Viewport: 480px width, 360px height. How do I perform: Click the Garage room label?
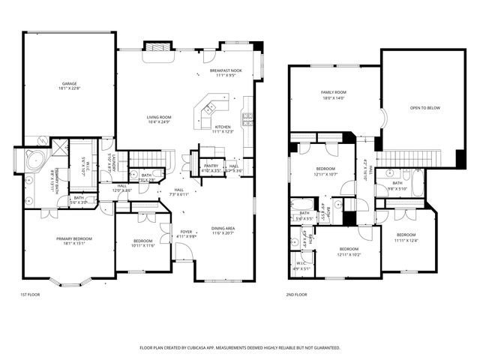pyautogui.click(x=69, y=83)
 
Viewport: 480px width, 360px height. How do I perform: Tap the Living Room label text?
pyautogui.click(x=159, y=117)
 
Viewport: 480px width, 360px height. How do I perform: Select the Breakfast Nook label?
pyautogui.click(x=226, y=70)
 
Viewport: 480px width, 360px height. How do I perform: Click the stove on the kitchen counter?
pyautogui.click(x=247, y=115)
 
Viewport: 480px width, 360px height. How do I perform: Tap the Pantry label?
pyautogui.click(x=211, y=165)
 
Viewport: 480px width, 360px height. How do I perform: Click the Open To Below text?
pyautogui.click(x=424, y=108)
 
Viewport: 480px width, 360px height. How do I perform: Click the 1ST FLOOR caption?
pyautogui.click(x=31, y=295)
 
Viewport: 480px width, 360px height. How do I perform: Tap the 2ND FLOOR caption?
pyautogui.click(x=297, y=295)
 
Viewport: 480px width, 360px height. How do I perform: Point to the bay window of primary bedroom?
pyautogui.click(x=72, y=283)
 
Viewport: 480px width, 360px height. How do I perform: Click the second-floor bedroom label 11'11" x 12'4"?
pyautogui.click(x=411, y=235)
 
